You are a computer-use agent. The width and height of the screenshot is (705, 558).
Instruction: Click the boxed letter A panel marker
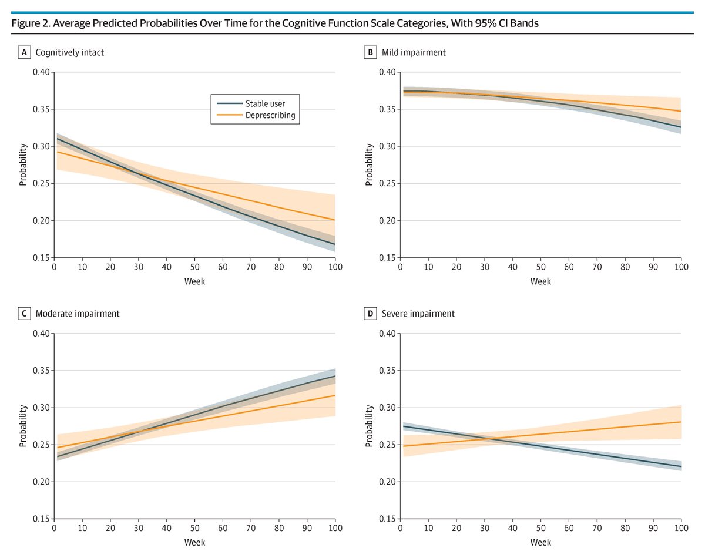point(24,52)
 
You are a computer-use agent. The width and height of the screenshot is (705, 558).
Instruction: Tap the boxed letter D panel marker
point(370,314)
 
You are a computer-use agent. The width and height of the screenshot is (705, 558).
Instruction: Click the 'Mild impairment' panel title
point(414,52)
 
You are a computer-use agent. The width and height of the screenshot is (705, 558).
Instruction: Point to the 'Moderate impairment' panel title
point(78,314)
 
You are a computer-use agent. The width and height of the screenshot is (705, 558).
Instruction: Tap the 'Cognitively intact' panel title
point(70,52)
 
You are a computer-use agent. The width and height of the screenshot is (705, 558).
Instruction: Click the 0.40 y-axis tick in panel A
point(42,72)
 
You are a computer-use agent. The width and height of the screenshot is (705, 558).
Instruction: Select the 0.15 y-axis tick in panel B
point(388,258)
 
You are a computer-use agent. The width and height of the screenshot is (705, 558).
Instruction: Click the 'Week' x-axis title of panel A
point(194,281)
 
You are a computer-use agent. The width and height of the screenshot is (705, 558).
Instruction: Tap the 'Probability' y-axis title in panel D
point(369,426)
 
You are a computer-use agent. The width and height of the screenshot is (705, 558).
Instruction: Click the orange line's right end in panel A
point(335,220)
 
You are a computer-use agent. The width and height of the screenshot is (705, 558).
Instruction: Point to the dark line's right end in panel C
point(335,376)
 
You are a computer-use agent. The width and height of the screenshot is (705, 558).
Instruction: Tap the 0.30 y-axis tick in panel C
point(42,408)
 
